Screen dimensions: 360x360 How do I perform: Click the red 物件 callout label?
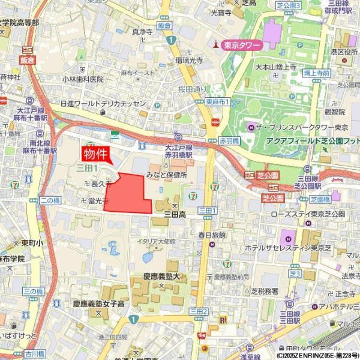pos(97,153)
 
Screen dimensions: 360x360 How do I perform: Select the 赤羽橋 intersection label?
pos(229,140)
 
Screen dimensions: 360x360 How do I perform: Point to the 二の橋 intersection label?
pos(49,200)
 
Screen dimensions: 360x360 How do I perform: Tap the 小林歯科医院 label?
pos(83,79)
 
